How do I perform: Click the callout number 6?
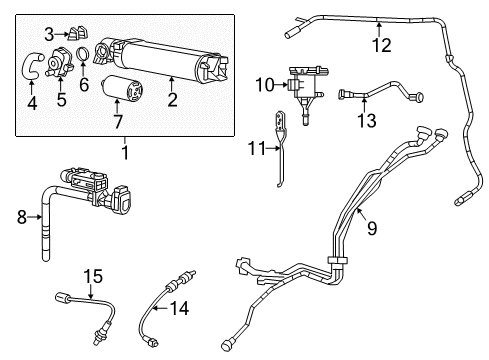coord(84,86)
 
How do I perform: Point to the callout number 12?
coord(381,44)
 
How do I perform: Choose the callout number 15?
coord(92,275)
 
